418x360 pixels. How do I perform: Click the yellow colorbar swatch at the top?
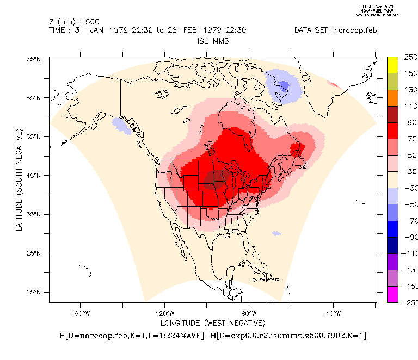point(392,64)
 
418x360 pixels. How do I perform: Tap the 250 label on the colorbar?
point(410,56)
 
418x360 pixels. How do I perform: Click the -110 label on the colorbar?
point(410,253)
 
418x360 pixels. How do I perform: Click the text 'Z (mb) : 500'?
point(73,22)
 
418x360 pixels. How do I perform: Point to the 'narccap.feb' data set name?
point(357,30)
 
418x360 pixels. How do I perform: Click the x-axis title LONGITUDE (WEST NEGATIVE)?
point(212,323)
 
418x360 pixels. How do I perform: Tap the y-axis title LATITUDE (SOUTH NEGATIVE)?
point(19,180)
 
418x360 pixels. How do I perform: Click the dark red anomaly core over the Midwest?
point(216,179)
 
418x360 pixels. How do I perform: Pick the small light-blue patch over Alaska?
point(121,125)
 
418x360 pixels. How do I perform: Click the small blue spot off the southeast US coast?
point(276,233)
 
